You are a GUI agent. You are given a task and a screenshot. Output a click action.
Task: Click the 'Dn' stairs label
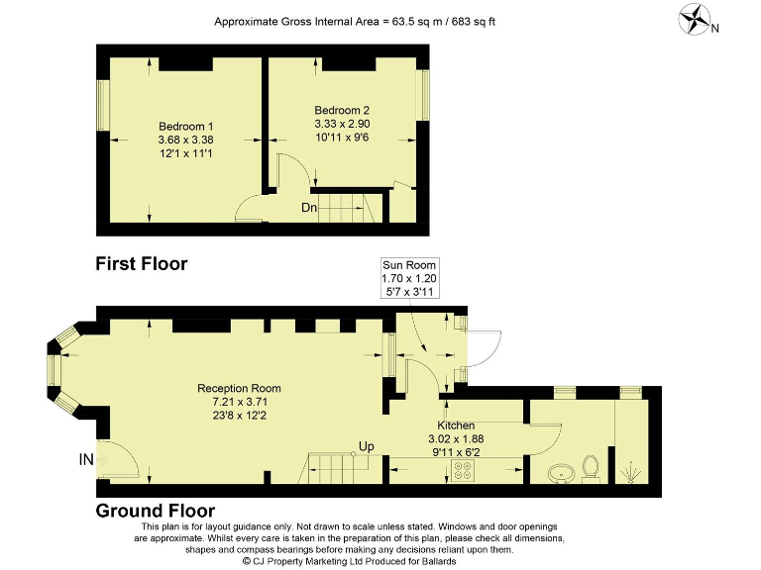click(x=310, y=208)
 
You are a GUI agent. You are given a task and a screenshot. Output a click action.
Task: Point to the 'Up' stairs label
click(x=366, y=446)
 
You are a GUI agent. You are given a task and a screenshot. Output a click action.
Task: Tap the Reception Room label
click(x=239, y=388)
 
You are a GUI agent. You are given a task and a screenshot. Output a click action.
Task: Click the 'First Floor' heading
click(x=141, y=263)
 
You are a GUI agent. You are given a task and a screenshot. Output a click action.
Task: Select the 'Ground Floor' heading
click(x=155, y=511)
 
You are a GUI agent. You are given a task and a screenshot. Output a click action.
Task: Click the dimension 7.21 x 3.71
click(x=239, y=402)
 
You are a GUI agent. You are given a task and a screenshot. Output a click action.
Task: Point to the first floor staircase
click(x=348, y=208)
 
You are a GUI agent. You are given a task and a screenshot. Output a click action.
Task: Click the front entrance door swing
click(x=117, y=458)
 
